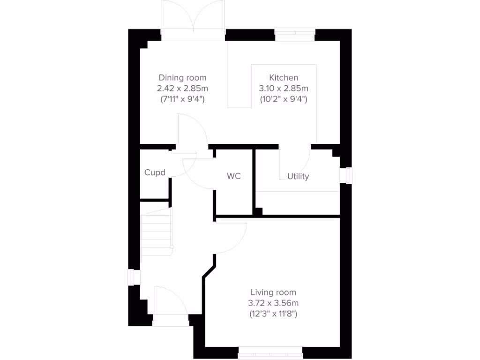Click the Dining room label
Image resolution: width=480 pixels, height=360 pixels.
click(182, 78)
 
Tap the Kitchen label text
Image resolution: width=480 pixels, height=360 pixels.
click(283, 78)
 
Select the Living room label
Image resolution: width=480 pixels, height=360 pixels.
click(273, 292)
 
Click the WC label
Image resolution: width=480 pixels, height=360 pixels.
click(234, 176)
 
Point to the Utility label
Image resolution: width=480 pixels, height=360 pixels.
click(298, 176)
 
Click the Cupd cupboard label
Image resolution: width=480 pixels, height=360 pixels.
click(155, 172)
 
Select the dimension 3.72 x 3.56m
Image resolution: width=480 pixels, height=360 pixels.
click(273, 303)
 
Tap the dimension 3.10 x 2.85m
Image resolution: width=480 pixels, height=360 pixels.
click(283, 88)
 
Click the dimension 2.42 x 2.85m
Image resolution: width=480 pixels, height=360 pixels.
click(182, 88)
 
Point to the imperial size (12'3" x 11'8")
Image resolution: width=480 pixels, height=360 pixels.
click(273, 314)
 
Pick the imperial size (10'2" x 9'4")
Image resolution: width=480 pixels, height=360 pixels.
click(283, 99)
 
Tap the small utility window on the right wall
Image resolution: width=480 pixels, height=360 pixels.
click(347, 175)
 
